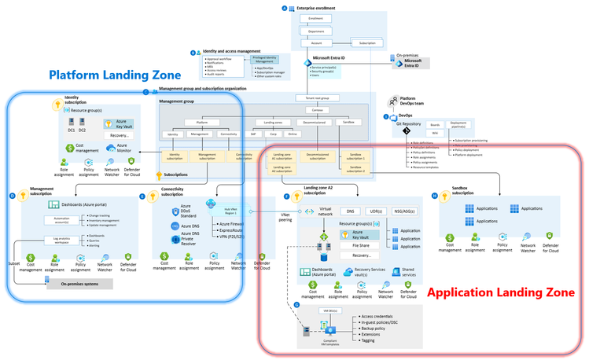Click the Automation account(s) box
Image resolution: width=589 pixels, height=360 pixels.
56,219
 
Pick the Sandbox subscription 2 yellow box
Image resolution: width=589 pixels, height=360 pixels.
357,169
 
